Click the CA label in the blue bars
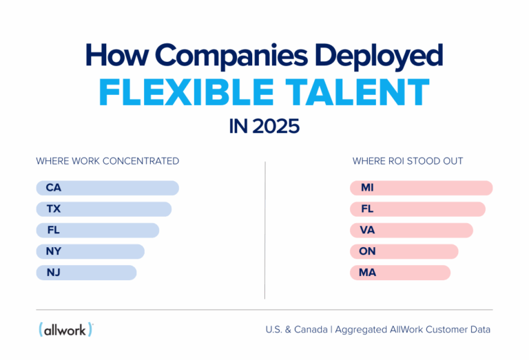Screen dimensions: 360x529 tap(54, 187)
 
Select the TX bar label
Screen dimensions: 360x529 tap(54, 209)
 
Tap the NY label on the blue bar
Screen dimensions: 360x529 tap(54, 251)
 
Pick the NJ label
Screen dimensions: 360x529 tap(54, 273)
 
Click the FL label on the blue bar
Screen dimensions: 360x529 tap(53, 230)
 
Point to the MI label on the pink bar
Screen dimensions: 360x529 tap(366, 187)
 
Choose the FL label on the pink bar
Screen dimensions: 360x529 tap(366, 209)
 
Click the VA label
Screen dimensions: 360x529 tap(367, 230)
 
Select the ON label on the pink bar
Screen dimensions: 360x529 tap(367, 251)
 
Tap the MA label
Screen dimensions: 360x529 tap(367, 273)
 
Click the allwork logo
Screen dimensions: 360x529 tap(66, 329)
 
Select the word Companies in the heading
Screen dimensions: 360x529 tap(220, 55)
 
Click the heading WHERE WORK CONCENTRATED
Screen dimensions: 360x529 tap(107, 161)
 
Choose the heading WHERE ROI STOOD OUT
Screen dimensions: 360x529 tap(408, 161)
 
